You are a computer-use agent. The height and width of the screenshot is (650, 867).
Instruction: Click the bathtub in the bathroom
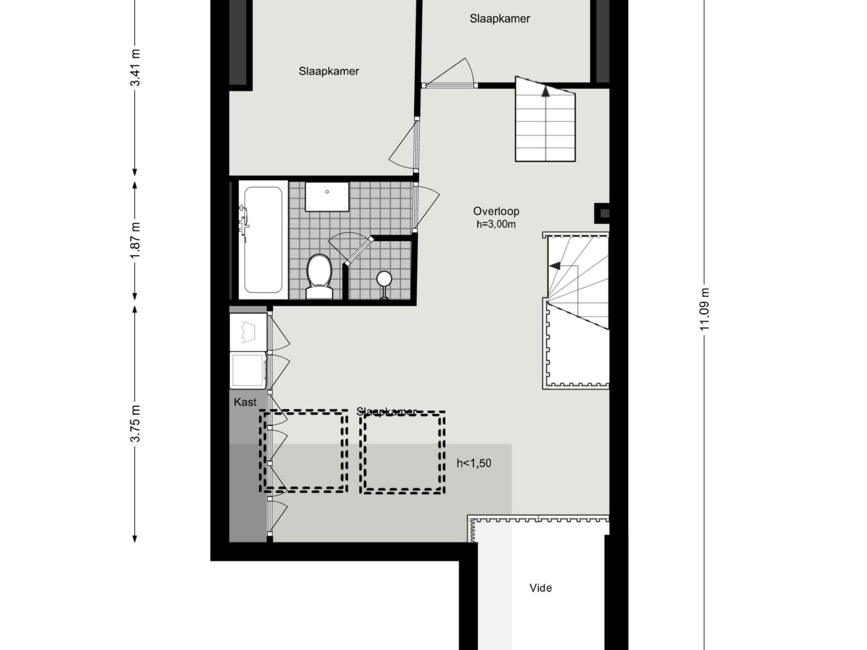[x=263, y=240]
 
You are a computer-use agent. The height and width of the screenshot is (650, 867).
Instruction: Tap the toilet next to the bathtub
[x=319, y=276]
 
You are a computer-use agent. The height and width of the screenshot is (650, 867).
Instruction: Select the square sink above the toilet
[x=327, y=196]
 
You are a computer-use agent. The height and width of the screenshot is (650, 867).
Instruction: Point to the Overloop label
[x=496, y=211]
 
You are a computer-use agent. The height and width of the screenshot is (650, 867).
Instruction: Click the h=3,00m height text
[x=496, y=224]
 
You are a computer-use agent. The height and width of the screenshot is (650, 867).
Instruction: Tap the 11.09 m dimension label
[x=704, y=309]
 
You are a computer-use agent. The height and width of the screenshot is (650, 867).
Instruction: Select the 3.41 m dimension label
[x=135, y=67]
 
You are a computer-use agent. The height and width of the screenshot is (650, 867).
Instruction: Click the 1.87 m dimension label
[x=135, y=241]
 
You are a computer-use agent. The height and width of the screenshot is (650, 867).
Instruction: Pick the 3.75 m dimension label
[x=135, y=424]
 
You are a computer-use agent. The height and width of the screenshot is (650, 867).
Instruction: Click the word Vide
[x=541, y=588]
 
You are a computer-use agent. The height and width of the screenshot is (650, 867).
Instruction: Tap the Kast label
[x=245, y=402]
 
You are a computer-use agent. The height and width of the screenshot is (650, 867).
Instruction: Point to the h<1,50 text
[x=473, y=463]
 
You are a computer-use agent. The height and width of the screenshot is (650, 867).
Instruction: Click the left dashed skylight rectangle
[x=303, y=451]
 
